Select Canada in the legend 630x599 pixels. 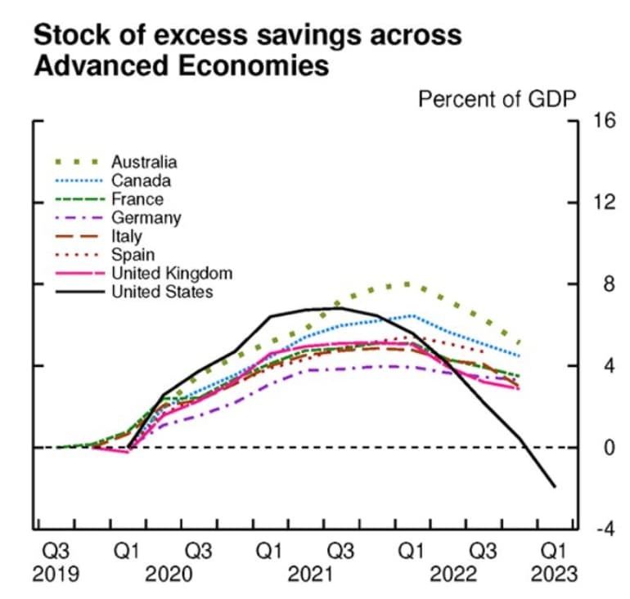141,181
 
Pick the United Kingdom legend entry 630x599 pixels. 171,273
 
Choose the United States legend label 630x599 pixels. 161,292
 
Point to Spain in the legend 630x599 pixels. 133,255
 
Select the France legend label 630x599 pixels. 137,199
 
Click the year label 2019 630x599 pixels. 56,574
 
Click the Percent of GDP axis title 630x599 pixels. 497,99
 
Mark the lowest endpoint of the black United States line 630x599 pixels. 556,487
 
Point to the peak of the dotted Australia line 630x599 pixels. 407,284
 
